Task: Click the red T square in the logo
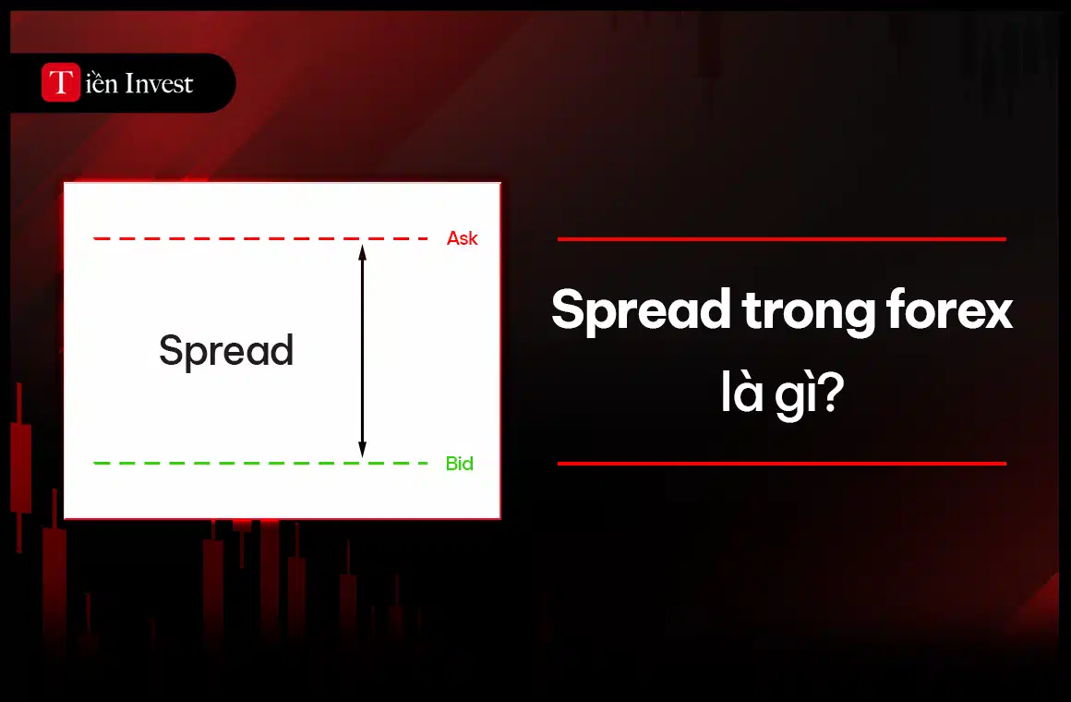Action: click(61, 83)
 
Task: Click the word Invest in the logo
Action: click(158, 84)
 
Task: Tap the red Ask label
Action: click(462, 238)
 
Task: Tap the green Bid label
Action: click(459, 464)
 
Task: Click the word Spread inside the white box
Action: click(226, 352)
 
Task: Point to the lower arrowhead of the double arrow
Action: click(362, 451)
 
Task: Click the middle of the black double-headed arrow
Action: click(362, 351)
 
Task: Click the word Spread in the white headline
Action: click(641, 312)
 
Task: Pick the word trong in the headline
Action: click(805, 312)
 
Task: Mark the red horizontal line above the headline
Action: click(781, 239)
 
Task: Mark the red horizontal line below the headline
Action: click(781, 464)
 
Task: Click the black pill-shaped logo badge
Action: click(212, 83)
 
